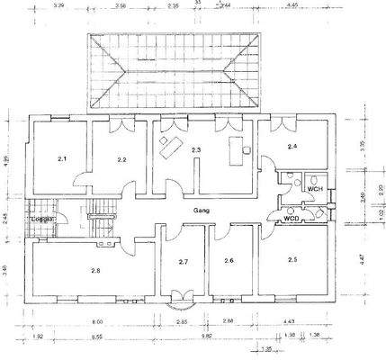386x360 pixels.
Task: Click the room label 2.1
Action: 62,158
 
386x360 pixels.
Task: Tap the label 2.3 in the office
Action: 196,150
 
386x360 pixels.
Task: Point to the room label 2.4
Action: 292,146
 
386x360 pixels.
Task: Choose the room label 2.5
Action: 292,259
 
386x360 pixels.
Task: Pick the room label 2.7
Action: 183,262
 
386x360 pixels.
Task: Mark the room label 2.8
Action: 95,269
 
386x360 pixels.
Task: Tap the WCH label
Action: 314,189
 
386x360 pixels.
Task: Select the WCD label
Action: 291,218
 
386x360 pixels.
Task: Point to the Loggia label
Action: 41,220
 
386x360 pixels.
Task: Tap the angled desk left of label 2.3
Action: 167,148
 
